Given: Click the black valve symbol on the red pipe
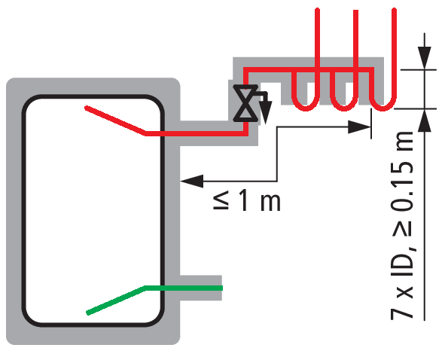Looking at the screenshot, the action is point(245,103).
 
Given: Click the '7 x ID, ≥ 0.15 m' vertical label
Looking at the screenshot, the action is point(402,226).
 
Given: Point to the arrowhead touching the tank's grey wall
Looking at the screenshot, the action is point(192,181).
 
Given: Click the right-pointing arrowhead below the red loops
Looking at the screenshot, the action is point(359,127).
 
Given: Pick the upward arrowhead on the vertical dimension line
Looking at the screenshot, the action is point(424,120).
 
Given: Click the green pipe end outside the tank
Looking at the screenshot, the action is point(222,288).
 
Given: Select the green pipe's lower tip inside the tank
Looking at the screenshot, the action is point(88,313).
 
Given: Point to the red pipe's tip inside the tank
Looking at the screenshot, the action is point(87,108).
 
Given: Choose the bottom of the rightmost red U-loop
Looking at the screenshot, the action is point(383,108).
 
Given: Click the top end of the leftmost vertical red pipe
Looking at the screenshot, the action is point(317,10).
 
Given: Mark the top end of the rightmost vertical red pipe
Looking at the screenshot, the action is point(394,10).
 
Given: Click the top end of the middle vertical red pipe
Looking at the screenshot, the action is point(355,11).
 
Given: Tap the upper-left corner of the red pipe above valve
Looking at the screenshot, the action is point(245,70).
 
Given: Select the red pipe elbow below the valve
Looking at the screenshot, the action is point(245,133).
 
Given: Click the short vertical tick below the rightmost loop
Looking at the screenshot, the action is point(371,124).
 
